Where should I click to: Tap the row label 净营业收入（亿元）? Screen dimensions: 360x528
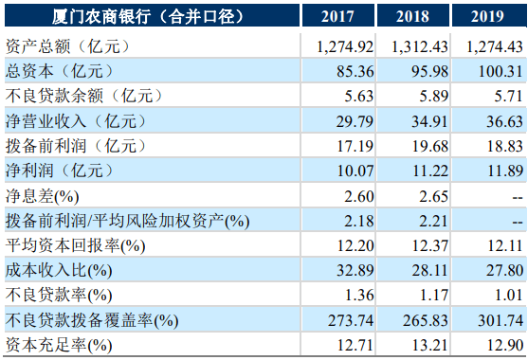71,119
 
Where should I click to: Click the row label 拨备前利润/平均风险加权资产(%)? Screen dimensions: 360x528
128,220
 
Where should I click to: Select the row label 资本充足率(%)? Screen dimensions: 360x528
59,344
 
